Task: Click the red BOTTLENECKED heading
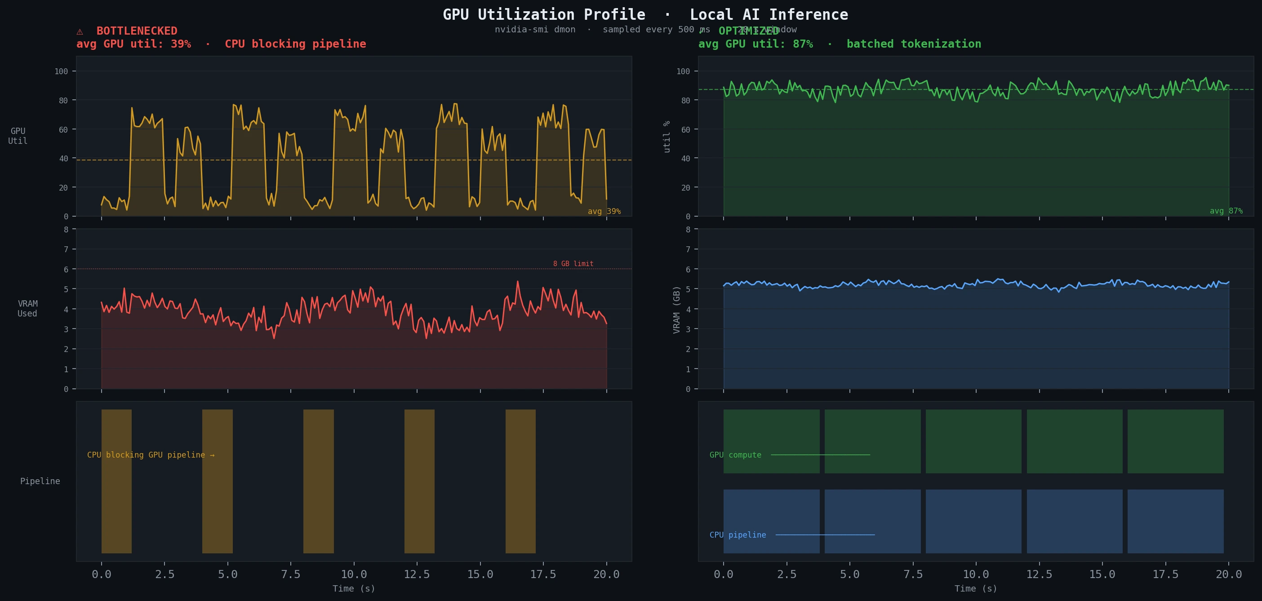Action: [136, 31]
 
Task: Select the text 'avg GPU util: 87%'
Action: [755, 44]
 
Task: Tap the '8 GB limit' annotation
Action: [573, 263]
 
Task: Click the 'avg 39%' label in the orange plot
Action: [604, 211]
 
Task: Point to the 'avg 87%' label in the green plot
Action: [1226, 211]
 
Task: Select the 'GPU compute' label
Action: [735, 455]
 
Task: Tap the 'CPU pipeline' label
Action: [738, 535]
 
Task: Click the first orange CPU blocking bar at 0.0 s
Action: [116, 481]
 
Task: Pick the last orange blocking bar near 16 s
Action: [520, 481]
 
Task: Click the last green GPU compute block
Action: [1175, 441]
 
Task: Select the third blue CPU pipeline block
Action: [973, 521]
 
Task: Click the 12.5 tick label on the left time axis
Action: [417, 574]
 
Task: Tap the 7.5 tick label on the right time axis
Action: [913, 574]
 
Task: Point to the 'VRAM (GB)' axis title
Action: [676, 310]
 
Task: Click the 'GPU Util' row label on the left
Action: [18, 136]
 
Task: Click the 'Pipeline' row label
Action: [40, 481]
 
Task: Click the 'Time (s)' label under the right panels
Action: [975, 589]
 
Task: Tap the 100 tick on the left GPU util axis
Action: [61, 71]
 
